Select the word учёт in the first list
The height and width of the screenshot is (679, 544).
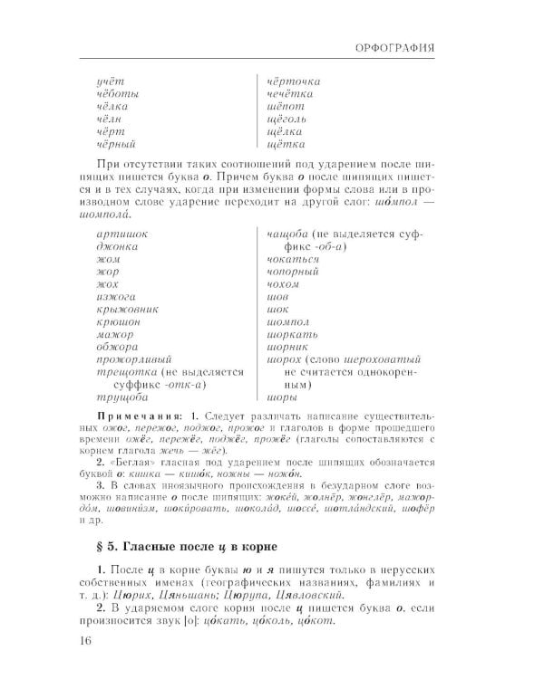(x=109, y=81)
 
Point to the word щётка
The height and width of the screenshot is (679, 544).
(x=286, y=143)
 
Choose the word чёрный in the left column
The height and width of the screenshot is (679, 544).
(x=115, y=143)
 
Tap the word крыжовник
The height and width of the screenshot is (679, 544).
(x=127, y=309)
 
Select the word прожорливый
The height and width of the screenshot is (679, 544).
(x=133, y=359)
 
